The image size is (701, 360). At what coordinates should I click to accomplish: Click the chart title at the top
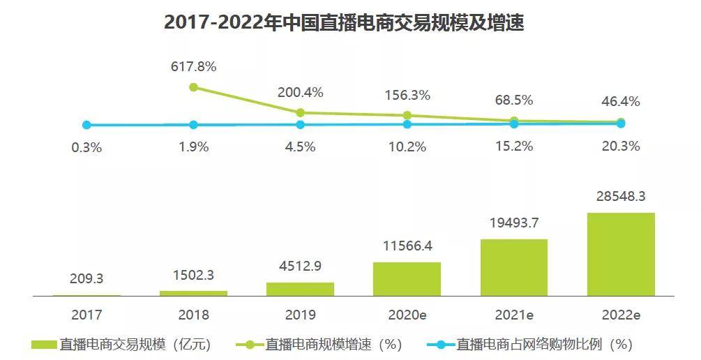(x=344, y=23)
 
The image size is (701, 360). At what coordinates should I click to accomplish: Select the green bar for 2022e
(x=621, y=254)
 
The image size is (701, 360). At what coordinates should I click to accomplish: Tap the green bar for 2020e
(x=407, y=279)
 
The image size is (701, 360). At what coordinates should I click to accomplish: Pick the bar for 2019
(x=300, y=289)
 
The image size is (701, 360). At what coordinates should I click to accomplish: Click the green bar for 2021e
(x=514, y=267)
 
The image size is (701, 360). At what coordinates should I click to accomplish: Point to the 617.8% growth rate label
(x=194, y=67)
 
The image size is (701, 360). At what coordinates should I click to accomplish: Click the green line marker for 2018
(x=194, y=87)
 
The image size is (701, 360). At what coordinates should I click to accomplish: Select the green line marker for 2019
(x=301, y=113)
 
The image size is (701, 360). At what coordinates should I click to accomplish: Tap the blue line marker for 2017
(x=86, y=125)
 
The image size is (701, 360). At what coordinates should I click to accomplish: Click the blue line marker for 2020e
(x=407, y=124)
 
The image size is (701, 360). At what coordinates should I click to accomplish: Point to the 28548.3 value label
(x=621, y=196)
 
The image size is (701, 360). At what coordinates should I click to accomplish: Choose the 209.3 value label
(x=86, y=278)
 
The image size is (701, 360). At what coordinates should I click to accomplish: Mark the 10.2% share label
(x=407, y=147)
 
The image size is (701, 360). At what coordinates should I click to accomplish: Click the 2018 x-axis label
(x=194, y=315)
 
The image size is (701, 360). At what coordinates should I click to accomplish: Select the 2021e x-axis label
(x=514, y=315)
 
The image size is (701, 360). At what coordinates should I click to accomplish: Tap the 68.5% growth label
(x=514, y=100)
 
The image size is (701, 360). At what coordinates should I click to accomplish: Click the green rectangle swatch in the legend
(x=44, y=345)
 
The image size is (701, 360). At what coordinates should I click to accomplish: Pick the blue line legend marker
(x=441, y=345)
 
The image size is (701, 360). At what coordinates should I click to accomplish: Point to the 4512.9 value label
(x=301, y=266)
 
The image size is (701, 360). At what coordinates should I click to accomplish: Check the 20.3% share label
(x=621, y=147)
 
